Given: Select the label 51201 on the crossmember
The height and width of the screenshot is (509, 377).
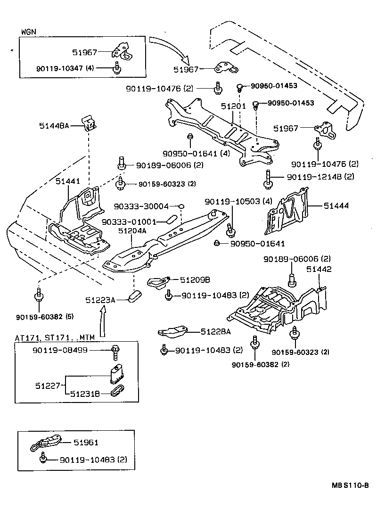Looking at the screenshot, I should click(234, 107).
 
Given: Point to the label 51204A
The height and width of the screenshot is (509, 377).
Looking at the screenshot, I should click(132, 231).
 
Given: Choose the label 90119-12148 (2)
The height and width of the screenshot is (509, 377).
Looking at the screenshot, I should click(321, 177).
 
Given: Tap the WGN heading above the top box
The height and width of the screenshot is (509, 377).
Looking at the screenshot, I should click(29, 32).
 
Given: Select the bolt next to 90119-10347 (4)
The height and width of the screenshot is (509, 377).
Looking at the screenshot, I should click(115, 69).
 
